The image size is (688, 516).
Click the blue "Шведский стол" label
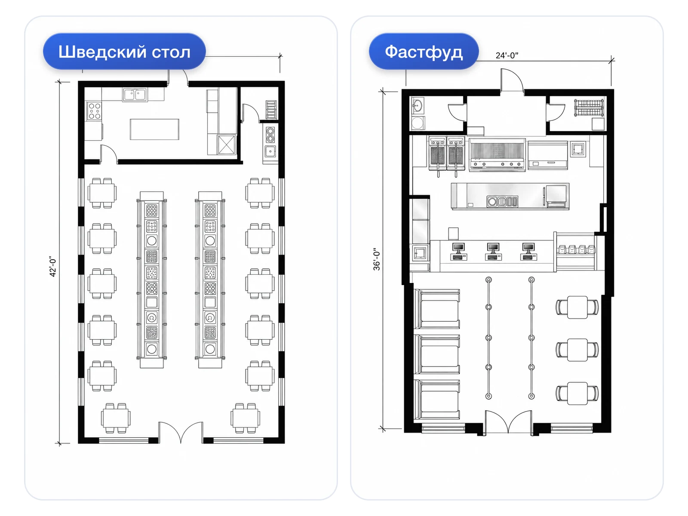124,51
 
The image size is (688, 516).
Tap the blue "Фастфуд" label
424,51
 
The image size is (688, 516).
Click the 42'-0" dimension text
52,266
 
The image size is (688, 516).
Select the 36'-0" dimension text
376,259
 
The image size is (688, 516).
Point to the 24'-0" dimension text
507,55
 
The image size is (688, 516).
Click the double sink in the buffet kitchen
135,95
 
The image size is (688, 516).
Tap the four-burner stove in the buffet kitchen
94,111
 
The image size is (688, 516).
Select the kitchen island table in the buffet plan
154,129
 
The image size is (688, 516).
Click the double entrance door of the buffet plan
181,432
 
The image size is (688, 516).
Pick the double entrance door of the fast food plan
508,422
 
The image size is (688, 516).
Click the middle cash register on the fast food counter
493,252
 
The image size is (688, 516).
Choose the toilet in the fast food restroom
418,123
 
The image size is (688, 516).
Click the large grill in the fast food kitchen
497,155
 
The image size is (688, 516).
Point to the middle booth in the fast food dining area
437,354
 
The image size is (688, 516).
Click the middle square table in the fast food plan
577,350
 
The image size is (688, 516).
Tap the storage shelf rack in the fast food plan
589,107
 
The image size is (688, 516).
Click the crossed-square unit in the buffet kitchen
226,144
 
